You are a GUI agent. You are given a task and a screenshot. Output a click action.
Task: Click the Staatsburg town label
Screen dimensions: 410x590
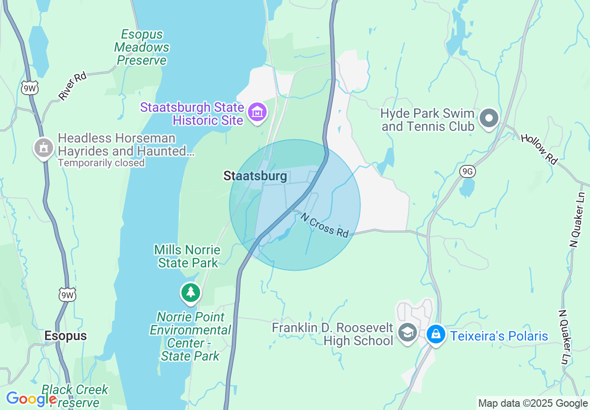255,176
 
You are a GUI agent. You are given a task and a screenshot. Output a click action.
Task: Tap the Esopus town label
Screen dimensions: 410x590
66,336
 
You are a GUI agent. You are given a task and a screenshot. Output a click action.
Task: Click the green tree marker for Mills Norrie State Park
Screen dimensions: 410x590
190,292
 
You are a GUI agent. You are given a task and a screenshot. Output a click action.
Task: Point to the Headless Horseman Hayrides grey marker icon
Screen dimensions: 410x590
44,148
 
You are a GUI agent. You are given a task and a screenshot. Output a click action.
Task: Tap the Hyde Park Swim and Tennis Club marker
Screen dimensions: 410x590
489,118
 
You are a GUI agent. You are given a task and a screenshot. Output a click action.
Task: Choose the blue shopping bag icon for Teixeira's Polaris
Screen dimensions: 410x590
436,334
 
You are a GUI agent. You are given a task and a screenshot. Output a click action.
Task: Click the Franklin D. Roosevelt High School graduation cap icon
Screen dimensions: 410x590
408,334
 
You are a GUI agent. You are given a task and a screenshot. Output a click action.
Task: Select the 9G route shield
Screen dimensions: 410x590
468,172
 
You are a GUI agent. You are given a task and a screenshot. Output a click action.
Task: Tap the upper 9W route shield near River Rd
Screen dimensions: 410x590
29,88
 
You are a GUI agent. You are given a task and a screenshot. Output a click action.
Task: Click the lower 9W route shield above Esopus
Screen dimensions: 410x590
67,295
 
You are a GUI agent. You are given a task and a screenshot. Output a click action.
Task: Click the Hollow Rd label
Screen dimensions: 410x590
539,149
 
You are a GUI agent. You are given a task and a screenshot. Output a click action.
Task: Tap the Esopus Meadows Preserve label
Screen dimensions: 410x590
142,48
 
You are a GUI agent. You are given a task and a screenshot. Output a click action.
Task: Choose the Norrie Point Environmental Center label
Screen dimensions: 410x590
190,336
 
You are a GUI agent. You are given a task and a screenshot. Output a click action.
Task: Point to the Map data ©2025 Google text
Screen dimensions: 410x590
533,403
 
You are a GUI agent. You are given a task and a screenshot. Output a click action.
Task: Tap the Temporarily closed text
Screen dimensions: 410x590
101,163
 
